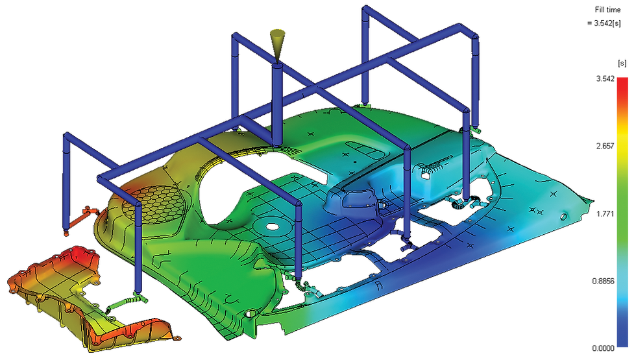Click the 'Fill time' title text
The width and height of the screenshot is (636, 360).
(607, 10)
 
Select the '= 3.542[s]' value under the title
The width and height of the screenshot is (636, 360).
(604, 23)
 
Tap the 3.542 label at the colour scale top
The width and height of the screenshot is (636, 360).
(605, 78)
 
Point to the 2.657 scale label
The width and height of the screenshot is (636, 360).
(605, 146)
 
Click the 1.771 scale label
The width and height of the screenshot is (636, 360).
(605, 213)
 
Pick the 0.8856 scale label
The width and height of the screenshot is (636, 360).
(603, 281)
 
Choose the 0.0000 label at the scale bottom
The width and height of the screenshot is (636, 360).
(603, 348)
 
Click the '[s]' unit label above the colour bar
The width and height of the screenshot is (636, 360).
(622, 64)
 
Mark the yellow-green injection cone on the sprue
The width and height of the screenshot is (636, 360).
(276, 45)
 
